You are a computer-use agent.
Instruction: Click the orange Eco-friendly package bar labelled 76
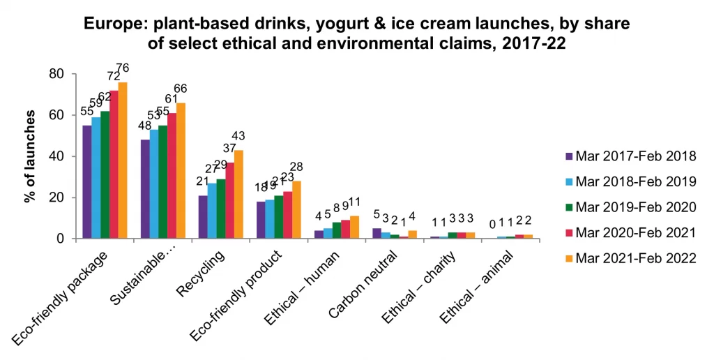123,160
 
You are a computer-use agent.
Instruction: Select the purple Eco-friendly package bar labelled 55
86,182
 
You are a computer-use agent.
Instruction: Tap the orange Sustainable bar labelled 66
181,171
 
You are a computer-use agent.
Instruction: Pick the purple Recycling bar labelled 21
203,217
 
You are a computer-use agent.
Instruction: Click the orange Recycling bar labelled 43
238,195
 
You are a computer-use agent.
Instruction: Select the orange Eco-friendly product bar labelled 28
296,210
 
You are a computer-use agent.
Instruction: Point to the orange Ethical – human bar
354,227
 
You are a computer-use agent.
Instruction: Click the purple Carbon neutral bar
377,234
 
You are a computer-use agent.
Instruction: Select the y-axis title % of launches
30,156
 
